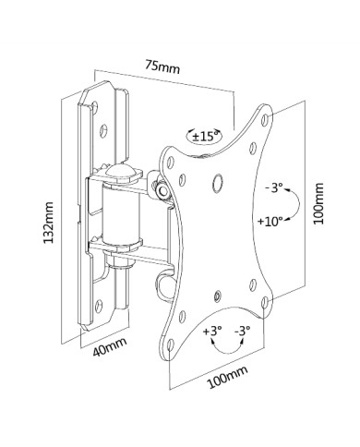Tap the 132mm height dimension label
pyautogui.click(x=48, y=223)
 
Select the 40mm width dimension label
pyautogui.click(x=110, y=346)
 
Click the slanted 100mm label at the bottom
pyautogui.click(x=227, y=377)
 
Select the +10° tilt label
pyautogui.click(x=270, y=221)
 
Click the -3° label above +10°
pyautogui.click(x=274, y=187)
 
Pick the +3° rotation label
pyautogui.click(x=212, y=332)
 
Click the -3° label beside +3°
pyautogui.click(x=243, y=332)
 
